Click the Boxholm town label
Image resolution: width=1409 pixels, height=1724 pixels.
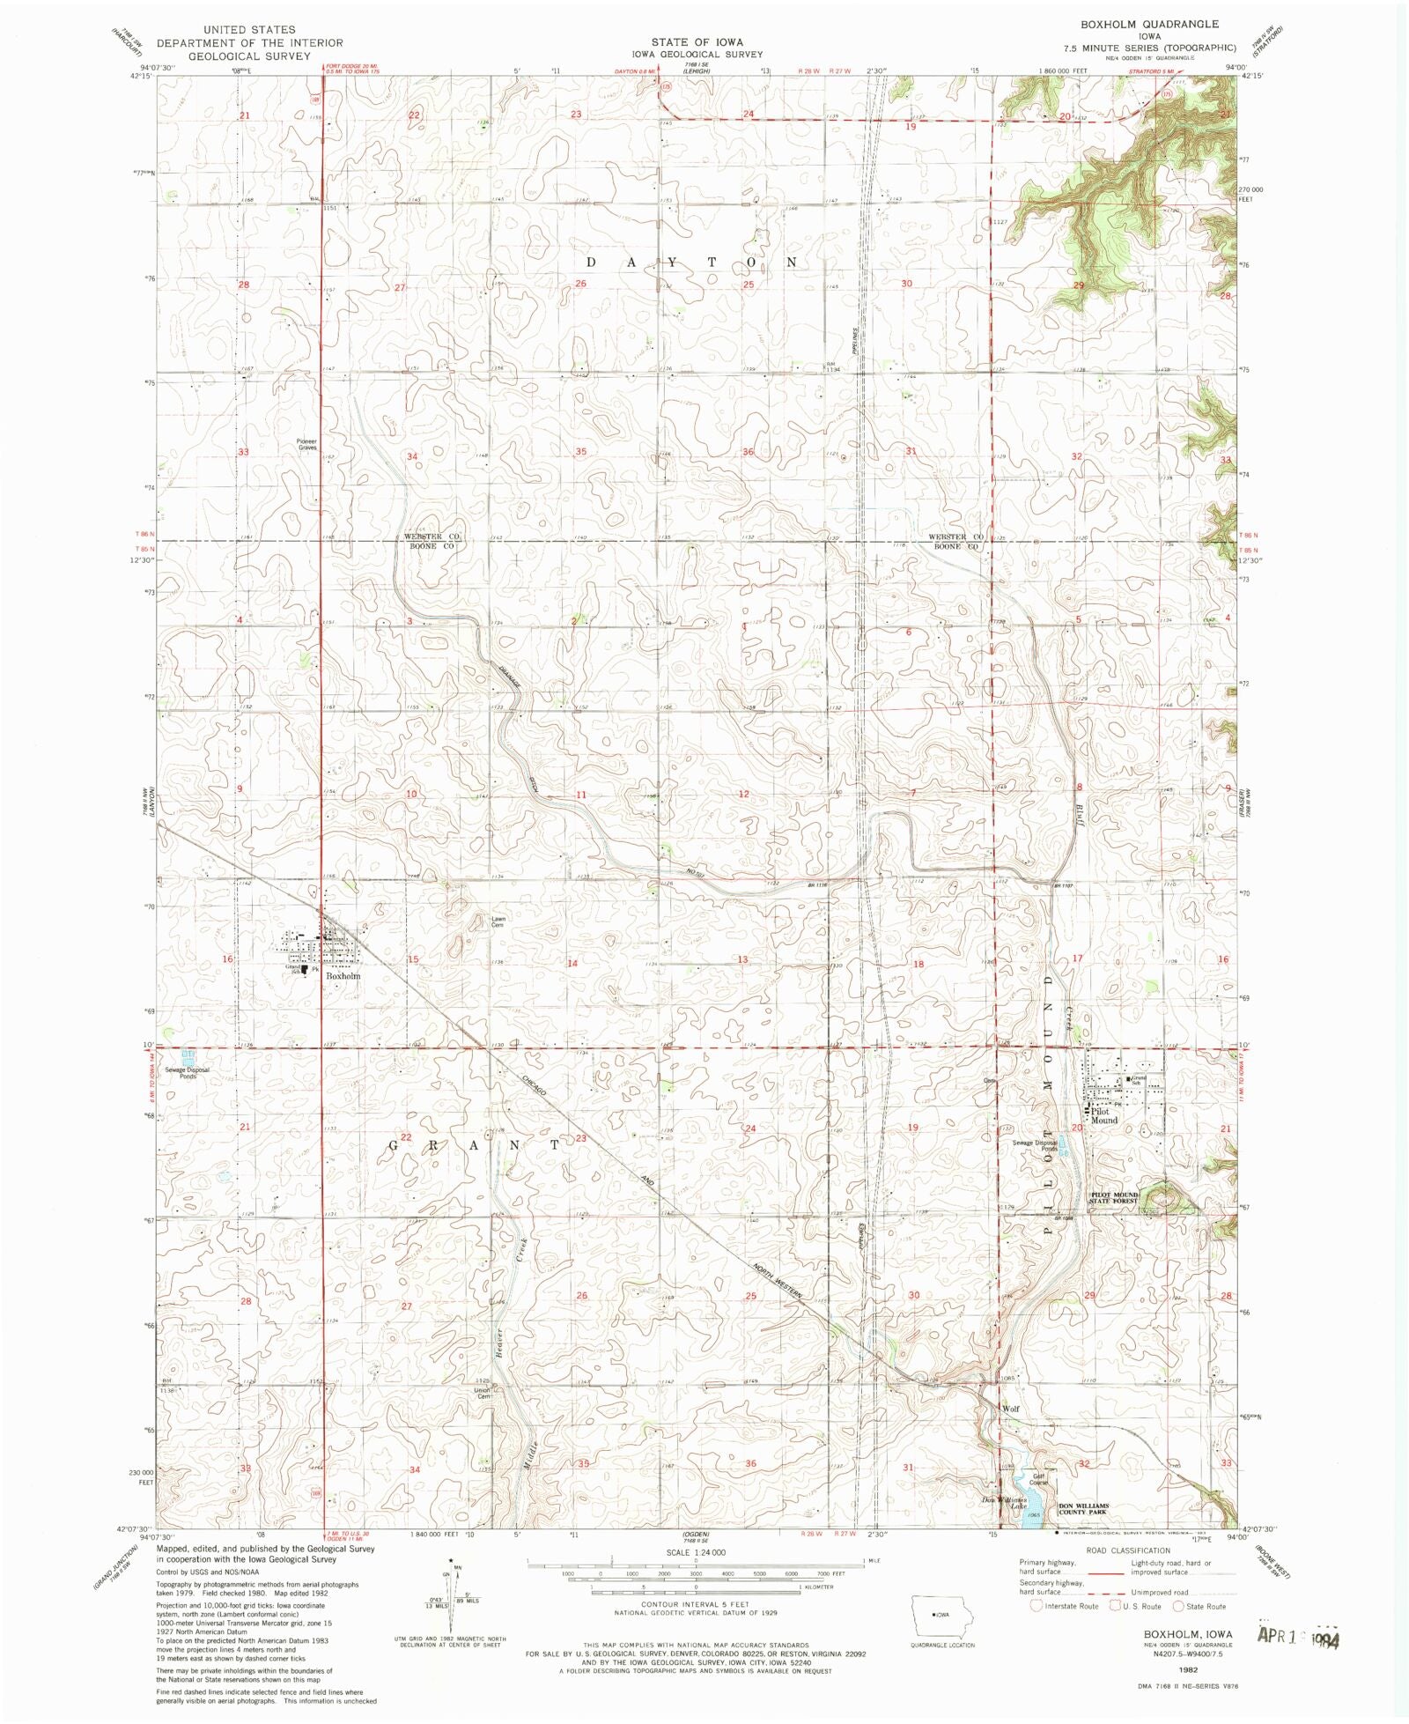(x=343, y=976)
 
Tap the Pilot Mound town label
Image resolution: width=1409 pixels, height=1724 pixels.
(x=1103, y=1116)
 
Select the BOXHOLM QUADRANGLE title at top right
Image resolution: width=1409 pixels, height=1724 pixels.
(x=1150, y=24)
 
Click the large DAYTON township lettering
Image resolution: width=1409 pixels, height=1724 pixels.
(x=692, y=263)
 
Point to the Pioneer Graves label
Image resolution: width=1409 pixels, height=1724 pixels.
(x=306, y=445)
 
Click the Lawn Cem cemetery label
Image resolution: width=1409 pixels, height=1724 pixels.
(x=498, y=921)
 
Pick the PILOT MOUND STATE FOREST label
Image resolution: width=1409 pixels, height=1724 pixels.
(x=1114, y=1198)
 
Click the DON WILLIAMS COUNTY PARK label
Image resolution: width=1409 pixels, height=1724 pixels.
(x=1082, y=1509)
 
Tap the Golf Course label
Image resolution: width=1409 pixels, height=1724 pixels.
(x=1039, y=1479)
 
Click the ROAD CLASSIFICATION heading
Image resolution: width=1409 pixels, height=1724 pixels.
(x=1128, y=1550)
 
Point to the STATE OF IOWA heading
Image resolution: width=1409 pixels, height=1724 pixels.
(x=697, y=41)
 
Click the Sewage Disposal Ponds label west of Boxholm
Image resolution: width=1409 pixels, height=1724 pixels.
(x=188, y=1073)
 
